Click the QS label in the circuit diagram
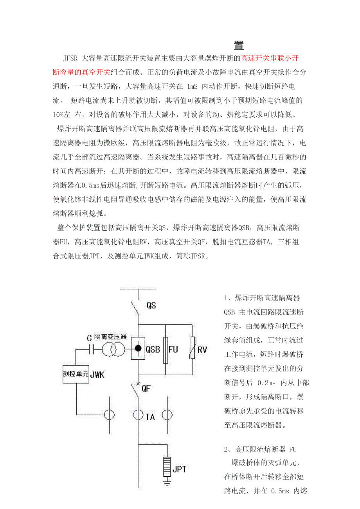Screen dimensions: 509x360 pyautogui.click(x=151, y=305)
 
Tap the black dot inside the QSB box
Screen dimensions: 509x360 pyautogui.click(x=138, y=348)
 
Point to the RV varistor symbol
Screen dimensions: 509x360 pyautogui.click(x=192, y=348)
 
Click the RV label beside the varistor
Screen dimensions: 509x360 pyautogui.click(x=202, y=350)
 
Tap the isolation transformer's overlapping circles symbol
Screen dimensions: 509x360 pyautogui.click(x=114, y=349)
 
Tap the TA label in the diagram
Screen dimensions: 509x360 pyautogui.click(x=150, y=417)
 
